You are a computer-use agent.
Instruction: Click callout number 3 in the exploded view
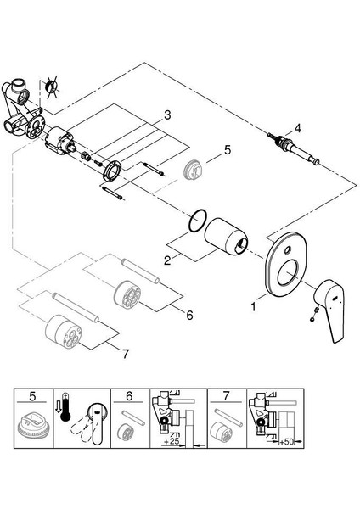click(167, 115)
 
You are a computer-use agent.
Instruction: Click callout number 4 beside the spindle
click(297, 128)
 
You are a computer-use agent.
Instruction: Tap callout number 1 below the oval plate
click(253, 306)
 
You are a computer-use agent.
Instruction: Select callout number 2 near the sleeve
click(167, 260)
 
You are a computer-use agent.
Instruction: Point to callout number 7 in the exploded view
click(126, 354)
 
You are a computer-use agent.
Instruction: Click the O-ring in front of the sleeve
click(198, 221)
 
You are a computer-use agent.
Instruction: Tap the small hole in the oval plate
click(287, 250)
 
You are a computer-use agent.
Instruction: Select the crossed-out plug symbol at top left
click(51, 87)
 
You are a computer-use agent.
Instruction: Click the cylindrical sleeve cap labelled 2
click(226, 237)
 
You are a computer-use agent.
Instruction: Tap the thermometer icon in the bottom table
click(65, 407)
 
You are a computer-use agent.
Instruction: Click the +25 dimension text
click(172, 441)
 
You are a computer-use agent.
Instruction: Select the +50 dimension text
click(286, 442)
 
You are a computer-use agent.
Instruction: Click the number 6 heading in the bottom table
click(129, 396)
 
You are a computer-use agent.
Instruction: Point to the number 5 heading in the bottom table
click(32, 396)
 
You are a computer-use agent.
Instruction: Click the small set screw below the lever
click(313, 315)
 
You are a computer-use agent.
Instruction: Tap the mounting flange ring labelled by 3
click(111, 171)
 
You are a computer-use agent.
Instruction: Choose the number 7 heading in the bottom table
click(226, 396)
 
